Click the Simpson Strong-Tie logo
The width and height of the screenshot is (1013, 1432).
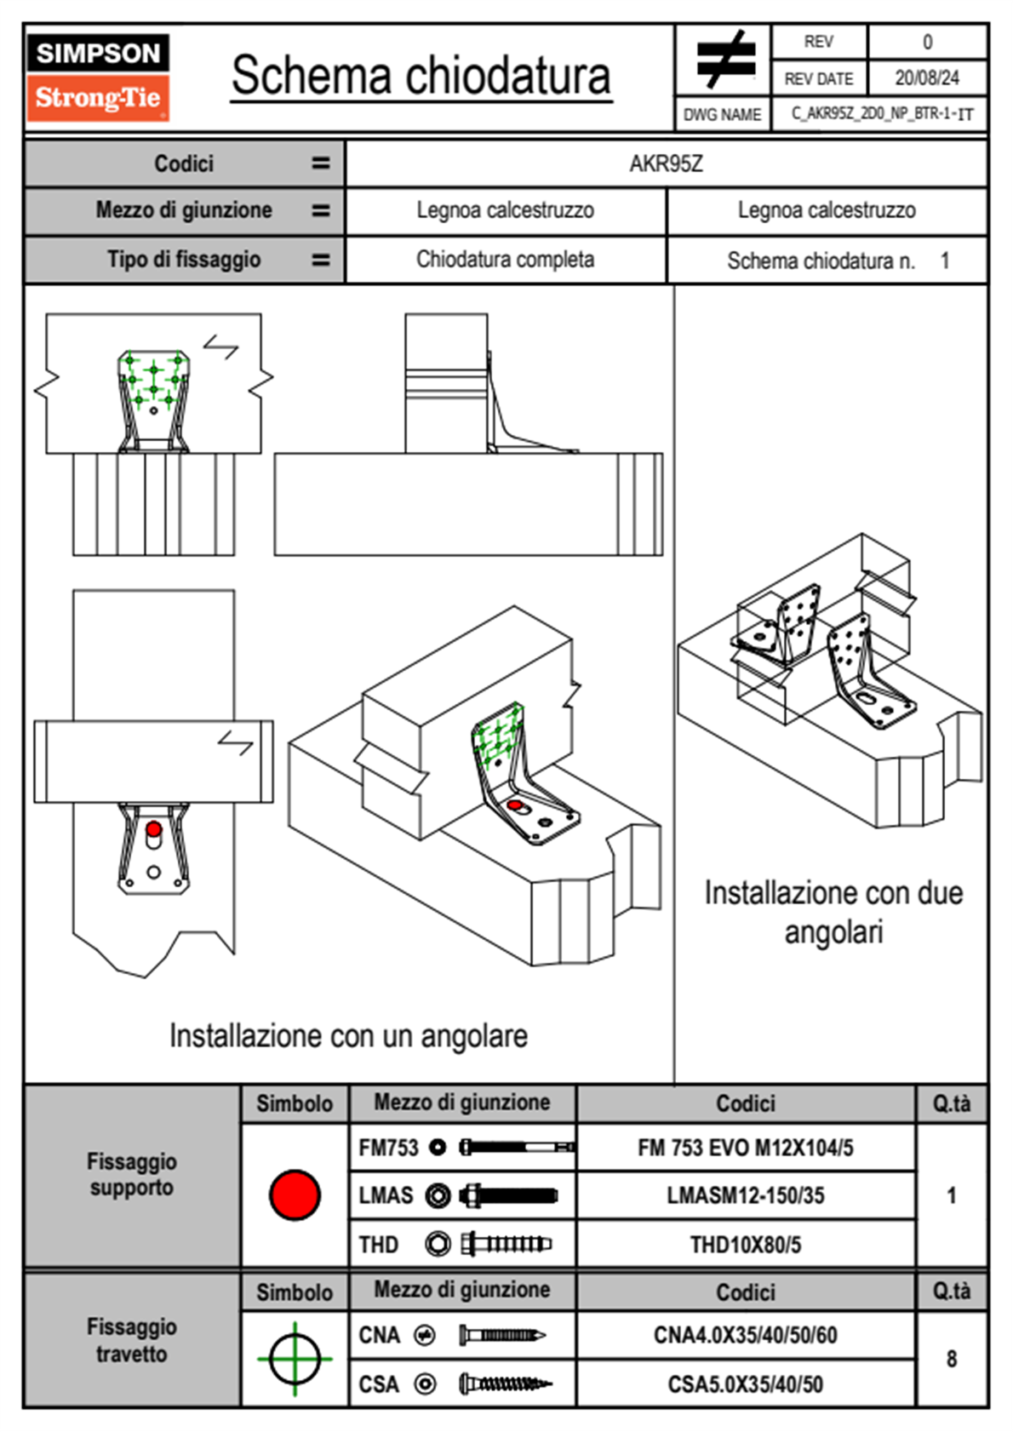(x=98, y=77)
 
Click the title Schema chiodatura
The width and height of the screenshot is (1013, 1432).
(x=421, y=76)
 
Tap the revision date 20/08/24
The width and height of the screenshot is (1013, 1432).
(x=926, y=78)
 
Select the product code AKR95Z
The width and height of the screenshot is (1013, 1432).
(x=666, y=163)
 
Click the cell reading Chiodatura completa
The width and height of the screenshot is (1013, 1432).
(x=505, y=260)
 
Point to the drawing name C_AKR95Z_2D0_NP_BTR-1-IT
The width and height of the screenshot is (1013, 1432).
(x=881, y=114)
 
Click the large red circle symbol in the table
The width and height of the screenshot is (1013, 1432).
(x=295, y=1194)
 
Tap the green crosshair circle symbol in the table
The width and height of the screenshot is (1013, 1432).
(x=295, y=1359)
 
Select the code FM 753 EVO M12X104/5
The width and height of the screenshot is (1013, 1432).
(x=745, y=1148)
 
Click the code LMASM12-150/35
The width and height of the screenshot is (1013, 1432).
(x=745, y=1195)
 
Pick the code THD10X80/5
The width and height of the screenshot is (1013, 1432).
(x=745, y=1245)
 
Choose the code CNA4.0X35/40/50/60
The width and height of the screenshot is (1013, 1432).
(x=745, y=1335)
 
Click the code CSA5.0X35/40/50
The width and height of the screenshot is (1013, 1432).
(x=745, y=1384)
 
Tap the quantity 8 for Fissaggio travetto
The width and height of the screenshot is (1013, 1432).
(x=951, y=1359)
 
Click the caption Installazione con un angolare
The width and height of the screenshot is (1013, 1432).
(x=348, y=1036)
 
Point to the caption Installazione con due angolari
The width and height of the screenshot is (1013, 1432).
(x=833, y=913)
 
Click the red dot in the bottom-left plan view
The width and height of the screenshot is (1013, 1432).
(x=153, y=829)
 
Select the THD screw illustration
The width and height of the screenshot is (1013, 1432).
(x=506, y=1245)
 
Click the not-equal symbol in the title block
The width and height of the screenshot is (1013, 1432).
(x=725, y=60)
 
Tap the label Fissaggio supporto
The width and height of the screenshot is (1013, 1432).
(x=131, y=1174)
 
